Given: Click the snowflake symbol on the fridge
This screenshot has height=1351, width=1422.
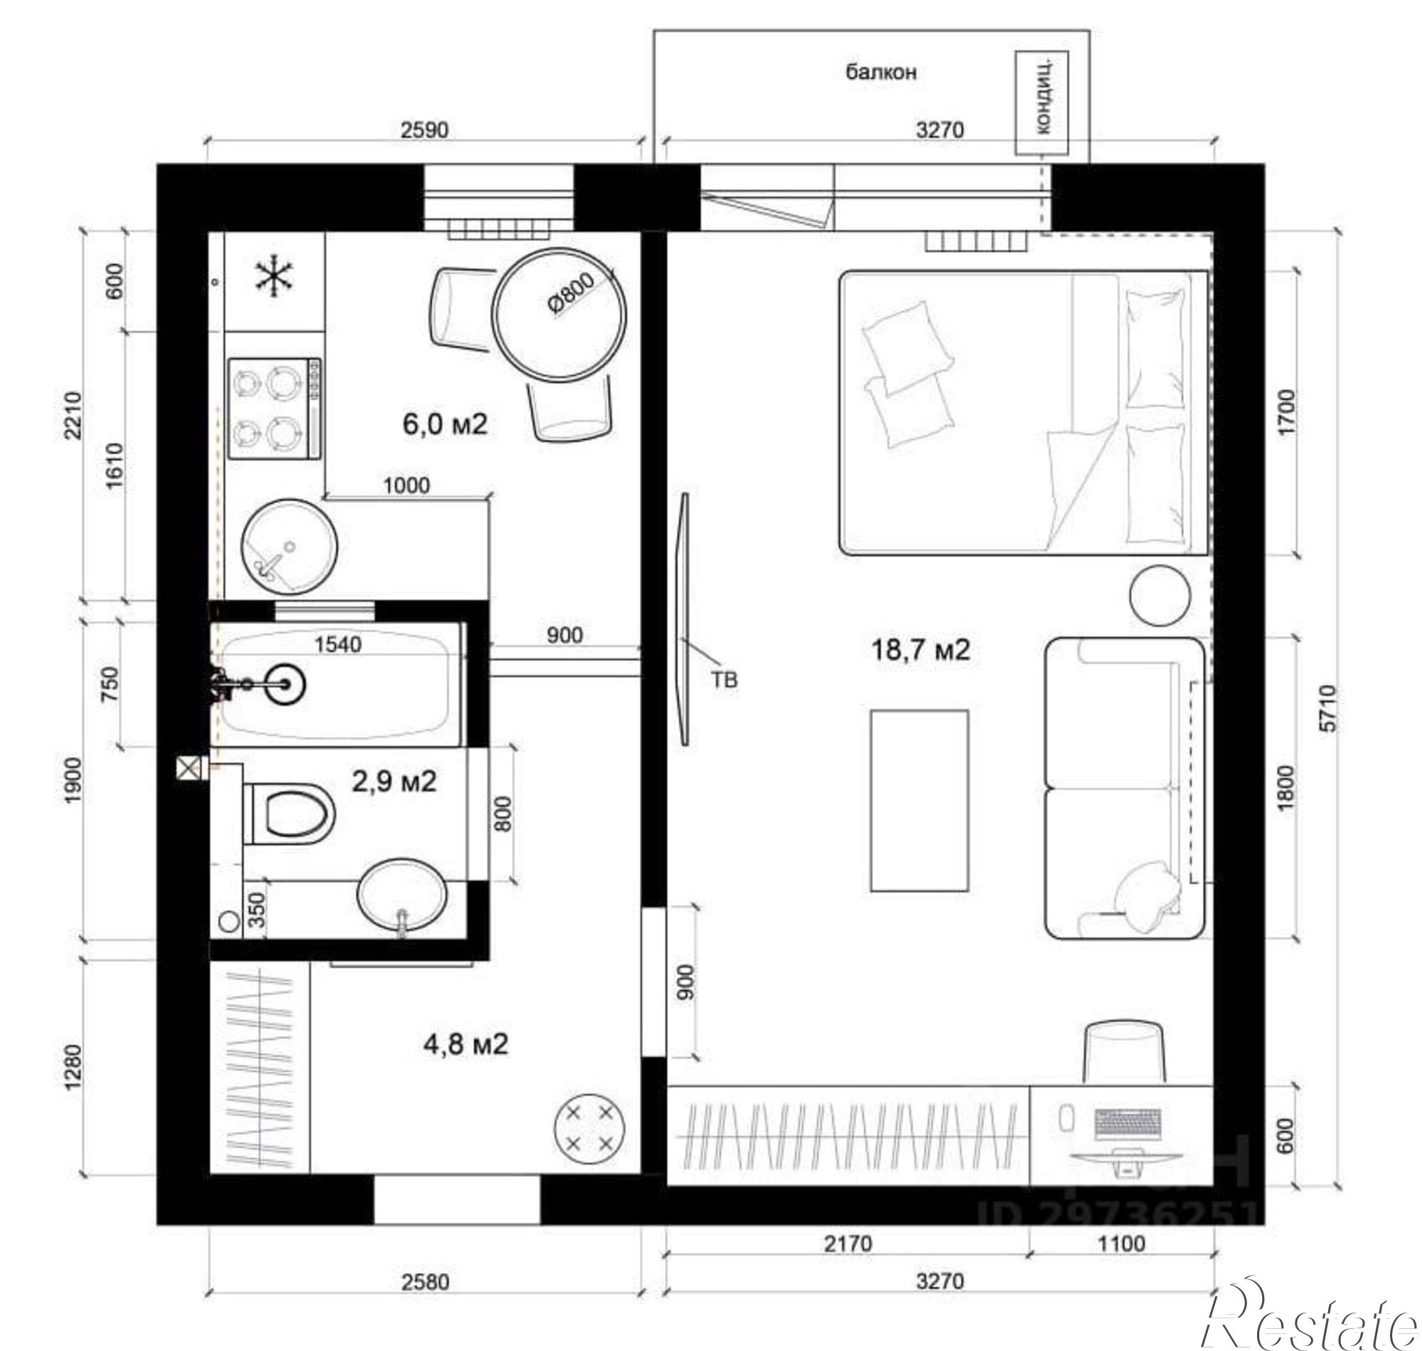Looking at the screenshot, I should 274,278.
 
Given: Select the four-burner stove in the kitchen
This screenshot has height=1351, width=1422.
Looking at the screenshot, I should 274,409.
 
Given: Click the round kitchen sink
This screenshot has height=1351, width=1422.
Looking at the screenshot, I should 289,547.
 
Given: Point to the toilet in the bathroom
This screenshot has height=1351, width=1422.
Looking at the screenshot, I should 288,814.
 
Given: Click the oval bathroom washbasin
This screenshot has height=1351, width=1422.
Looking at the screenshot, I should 401,897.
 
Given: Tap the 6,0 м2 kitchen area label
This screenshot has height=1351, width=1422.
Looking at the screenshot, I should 444,424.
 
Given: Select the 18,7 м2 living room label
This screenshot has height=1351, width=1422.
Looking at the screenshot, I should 921,650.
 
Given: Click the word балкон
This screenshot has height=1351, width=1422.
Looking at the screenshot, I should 880,72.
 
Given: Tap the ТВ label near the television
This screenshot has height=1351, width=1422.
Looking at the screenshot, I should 725,680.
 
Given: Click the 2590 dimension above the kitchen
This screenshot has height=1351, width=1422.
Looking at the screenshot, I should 424,130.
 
